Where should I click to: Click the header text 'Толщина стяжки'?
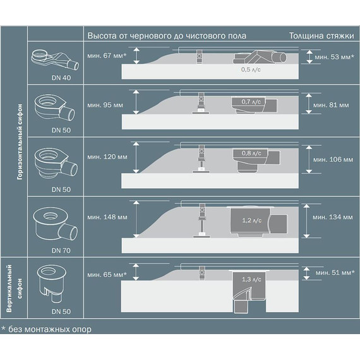[320, 35]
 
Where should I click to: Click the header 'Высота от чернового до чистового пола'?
[167, 35]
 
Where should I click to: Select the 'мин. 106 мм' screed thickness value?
[335, 159]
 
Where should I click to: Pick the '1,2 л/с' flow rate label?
[252, 220]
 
